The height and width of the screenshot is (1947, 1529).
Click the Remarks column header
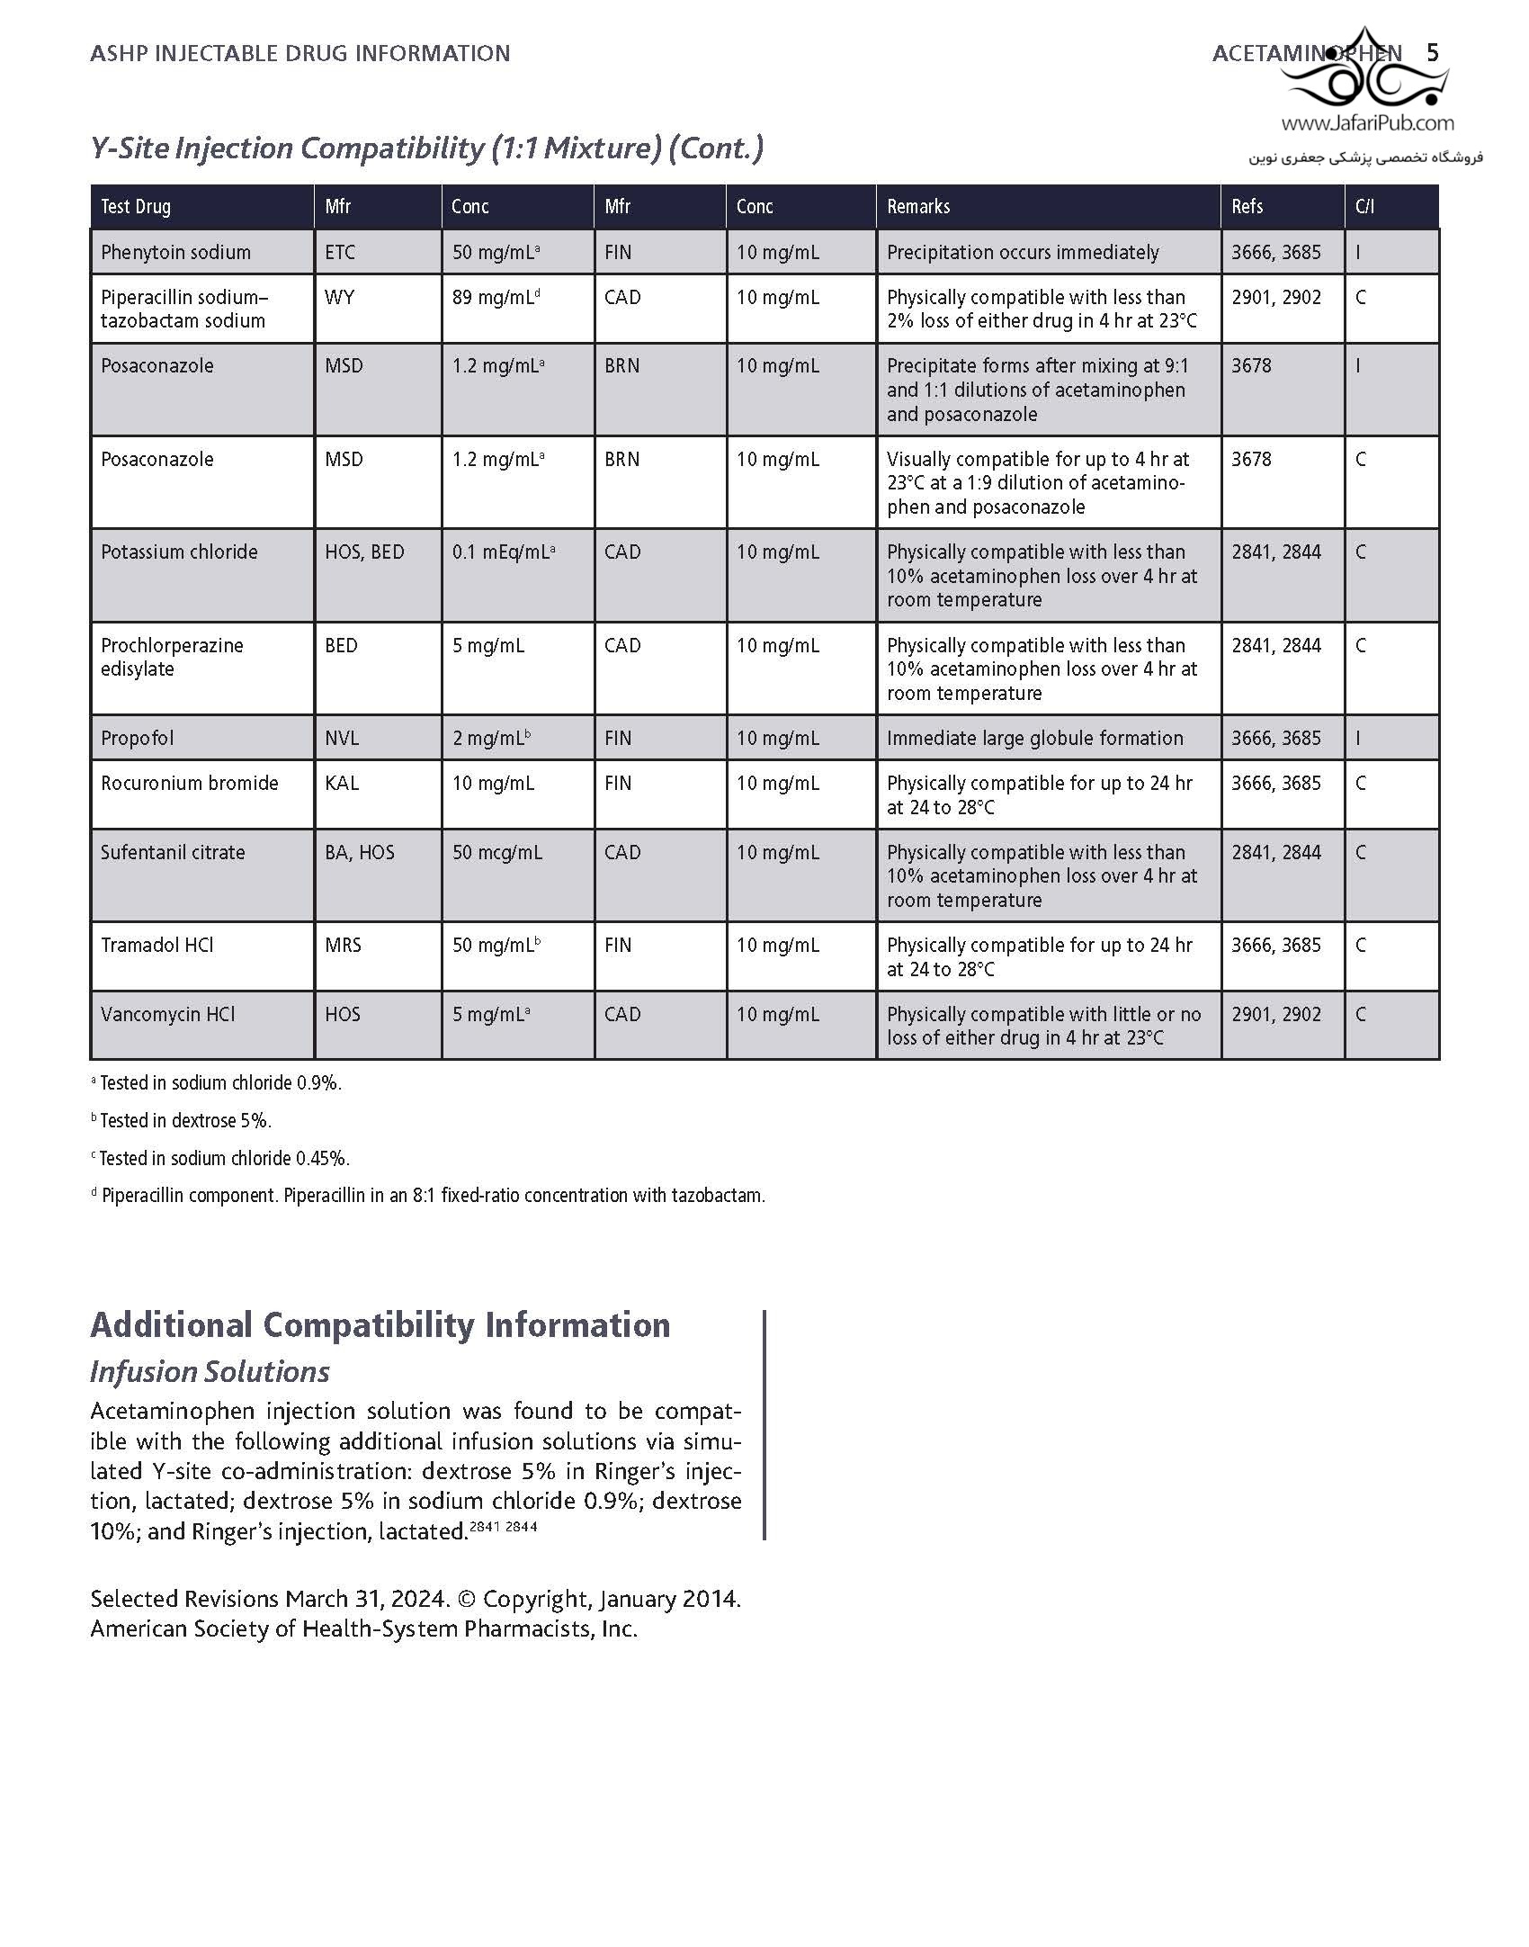(918, 207)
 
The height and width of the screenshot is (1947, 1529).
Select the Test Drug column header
(136, 207)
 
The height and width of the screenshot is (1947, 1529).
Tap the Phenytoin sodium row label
(175, 253)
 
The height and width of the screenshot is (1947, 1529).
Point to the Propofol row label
(138, 739)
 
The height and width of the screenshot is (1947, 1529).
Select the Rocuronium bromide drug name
(190, 784)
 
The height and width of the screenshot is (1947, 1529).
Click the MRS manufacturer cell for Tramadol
(343, 946)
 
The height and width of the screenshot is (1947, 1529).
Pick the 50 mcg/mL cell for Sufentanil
(497, 853)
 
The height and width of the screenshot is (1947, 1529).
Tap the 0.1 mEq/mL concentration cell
(503, 552)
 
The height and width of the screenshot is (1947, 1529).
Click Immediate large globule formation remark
(1034, 739)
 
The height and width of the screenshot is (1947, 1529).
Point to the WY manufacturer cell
(339, 298)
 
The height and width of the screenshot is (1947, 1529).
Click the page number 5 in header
(1433, 53)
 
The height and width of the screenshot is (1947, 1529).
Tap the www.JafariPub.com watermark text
(1367, 123)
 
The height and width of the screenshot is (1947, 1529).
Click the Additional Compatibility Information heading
(380, 1325)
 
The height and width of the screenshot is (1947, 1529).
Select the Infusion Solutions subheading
(210, 1372)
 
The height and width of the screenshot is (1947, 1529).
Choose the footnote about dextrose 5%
(183, 1121)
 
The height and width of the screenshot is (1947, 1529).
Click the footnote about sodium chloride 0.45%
(222, 1159)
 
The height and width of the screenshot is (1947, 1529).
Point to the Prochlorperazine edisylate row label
(172, 658)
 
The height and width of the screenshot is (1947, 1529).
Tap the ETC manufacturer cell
(340, 253)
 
